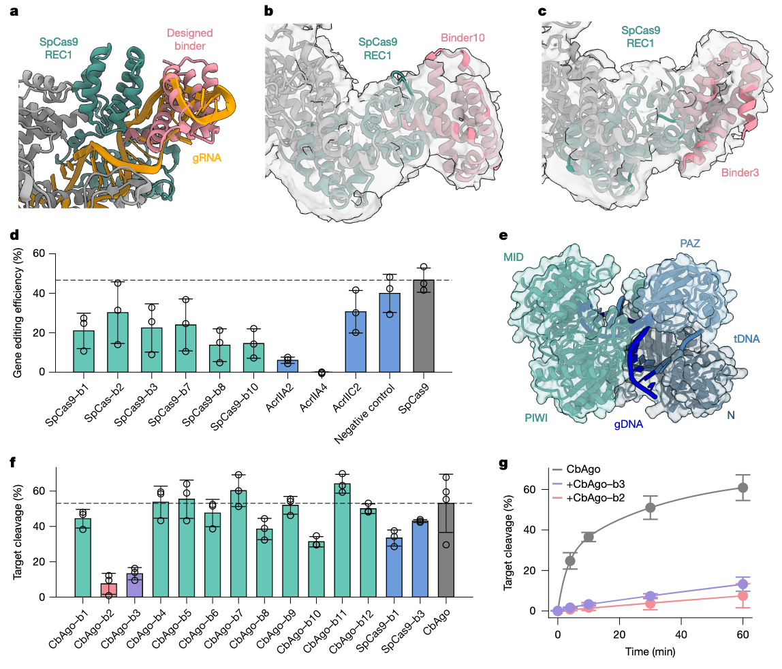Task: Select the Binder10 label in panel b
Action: click(x=463, y=39)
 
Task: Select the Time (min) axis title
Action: click(x=651, y=651)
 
